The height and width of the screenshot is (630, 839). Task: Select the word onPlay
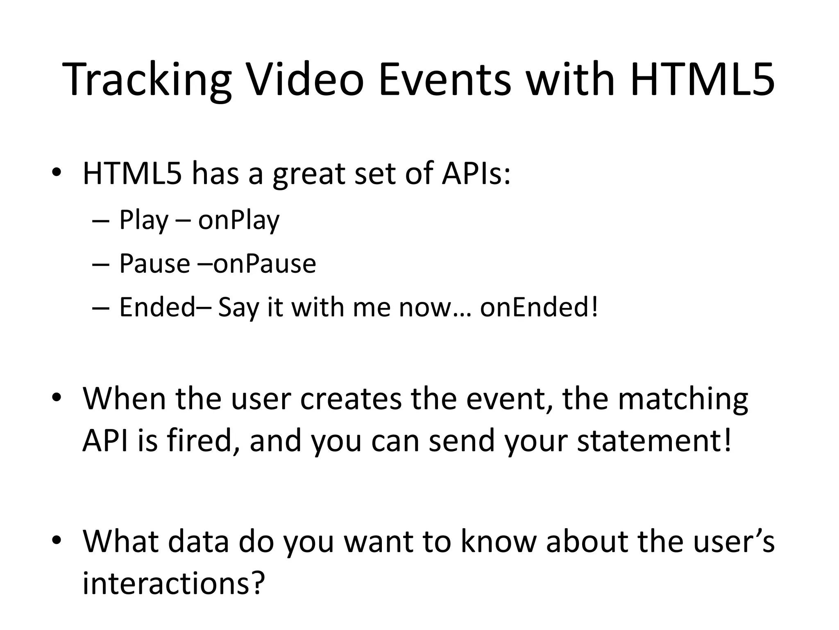coord(239,221)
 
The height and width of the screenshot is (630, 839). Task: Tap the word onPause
coord(265,263)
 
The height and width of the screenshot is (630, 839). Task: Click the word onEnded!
coord(539,307)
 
